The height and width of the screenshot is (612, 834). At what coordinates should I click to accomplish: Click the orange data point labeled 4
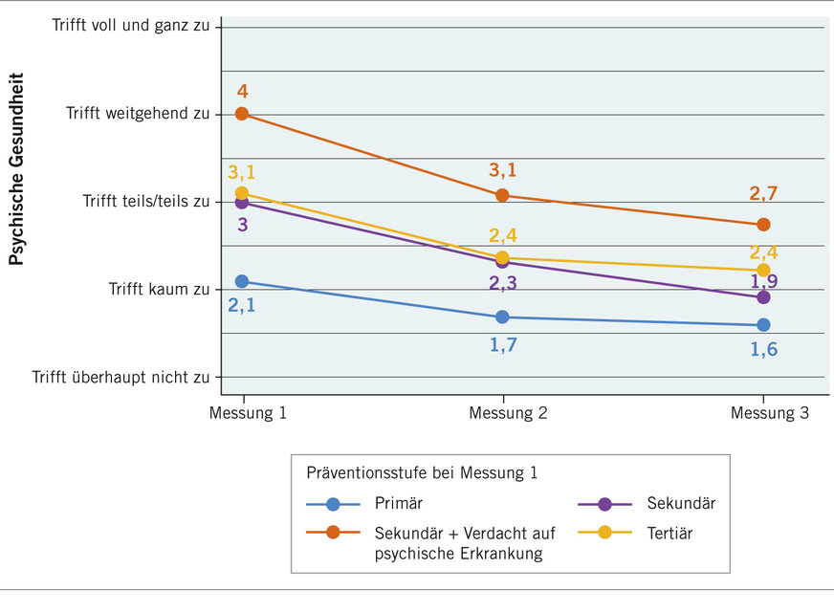tap(242, 114)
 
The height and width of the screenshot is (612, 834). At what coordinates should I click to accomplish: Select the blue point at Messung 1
tap(242, 281)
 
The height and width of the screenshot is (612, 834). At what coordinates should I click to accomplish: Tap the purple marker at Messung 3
tap(763, 297)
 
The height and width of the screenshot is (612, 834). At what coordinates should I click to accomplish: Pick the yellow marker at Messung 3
tap(763, 271)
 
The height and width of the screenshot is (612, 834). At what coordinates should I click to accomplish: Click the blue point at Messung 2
tap(503, 317)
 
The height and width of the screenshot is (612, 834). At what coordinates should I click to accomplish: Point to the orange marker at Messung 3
tap(763, 225)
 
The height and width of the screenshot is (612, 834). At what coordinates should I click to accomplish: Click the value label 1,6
tap(763, 349)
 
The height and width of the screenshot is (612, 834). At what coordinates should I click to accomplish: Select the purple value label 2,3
tap(503, 284)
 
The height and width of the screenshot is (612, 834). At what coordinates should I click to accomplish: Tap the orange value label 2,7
tap(763, 193)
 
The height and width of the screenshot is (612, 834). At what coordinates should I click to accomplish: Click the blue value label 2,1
tap(242, 306)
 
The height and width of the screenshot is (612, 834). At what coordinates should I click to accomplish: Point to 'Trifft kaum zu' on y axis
tap(158, 289)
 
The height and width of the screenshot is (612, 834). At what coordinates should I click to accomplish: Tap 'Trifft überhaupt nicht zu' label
tap(121, 377)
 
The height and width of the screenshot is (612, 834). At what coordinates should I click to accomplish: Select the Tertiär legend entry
tap(669, 534)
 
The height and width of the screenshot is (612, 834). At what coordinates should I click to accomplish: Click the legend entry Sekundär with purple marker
tap(681, 504)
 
